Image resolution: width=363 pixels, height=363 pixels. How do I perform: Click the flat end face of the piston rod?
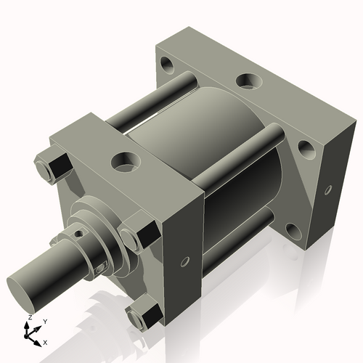click(x=23, y=281)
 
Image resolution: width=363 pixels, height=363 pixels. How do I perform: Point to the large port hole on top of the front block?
click(x=125, y=158)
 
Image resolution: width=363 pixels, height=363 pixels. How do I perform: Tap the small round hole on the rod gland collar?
click(x=78, y=234)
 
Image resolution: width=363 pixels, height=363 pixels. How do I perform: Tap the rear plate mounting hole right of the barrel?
click(x=306, y=150)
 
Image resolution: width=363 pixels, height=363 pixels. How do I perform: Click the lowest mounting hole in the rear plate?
click(x=292, y=231)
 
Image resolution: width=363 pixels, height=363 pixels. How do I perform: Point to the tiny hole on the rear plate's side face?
click(x=328, y=189)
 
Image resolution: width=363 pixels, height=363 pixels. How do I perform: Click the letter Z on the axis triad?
click(x=28, y=318)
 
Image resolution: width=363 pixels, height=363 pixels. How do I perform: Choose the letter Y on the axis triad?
click(x=44, y=321)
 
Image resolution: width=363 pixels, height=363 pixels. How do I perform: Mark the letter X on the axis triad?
click(x=45, y=341)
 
